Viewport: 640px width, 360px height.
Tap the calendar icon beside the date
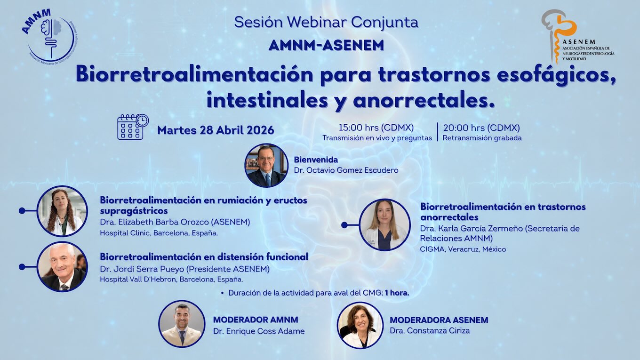tap(133, 127)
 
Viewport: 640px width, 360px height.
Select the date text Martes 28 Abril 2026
tap(216, 130)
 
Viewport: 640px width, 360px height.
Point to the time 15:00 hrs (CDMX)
tap(376, 128)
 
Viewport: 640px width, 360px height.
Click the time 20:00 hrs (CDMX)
tap(481, 128)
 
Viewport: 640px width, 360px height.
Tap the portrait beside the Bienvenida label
tap(266, 166)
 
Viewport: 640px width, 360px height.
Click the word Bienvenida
tap(316, 160)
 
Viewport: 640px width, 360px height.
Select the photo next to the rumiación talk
tap(62, 211)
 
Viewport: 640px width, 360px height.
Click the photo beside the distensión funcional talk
tap(62, 267)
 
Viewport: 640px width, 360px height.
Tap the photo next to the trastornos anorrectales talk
tap(384, 225)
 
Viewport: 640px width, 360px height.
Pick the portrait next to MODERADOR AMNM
tap(182, 324)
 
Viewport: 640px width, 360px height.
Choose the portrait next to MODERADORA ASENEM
tap(360, 325)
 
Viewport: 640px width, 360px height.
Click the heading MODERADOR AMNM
tap(256, 320)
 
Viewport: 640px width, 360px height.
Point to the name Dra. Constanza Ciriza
tap(430, 330)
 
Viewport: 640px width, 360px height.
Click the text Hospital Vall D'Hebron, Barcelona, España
tap(171, 279)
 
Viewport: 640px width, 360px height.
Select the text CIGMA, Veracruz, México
tap(463, 249)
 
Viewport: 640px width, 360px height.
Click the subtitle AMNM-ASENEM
tap(326, 45)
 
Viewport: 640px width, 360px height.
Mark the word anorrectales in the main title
tap(424, 100)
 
